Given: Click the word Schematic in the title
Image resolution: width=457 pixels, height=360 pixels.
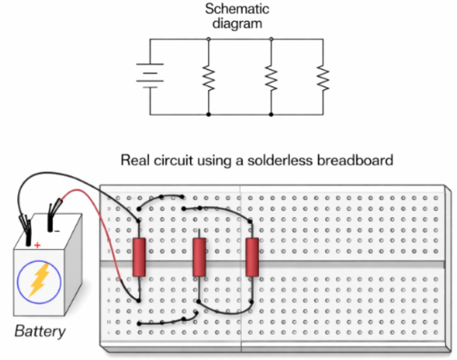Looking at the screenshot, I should (x=237, y=8).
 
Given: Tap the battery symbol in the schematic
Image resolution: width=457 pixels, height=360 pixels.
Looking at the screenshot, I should (x=150, y=76).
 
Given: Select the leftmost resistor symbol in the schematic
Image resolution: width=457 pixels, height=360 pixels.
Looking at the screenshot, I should (x=208, y=77).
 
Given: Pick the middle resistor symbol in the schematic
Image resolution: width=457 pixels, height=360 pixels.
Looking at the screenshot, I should (x=271, y=77).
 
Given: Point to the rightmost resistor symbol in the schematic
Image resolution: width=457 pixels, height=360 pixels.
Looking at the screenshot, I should (x=323, y=77).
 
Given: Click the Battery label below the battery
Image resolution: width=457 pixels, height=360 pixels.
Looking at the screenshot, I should (x=40, y=331).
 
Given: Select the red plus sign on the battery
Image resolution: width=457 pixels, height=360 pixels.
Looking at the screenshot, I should (x=37, y=245).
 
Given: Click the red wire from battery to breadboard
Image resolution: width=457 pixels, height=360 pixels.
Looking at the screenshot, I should (x=105, y=223).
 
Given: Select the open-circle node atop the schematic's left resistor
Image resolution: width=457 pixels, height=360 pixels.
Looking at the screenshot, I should (x=208, y=39).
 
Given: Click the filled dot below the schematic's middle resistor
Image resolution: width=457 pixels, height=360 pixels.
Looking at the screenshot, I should (x=271, y=115).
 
